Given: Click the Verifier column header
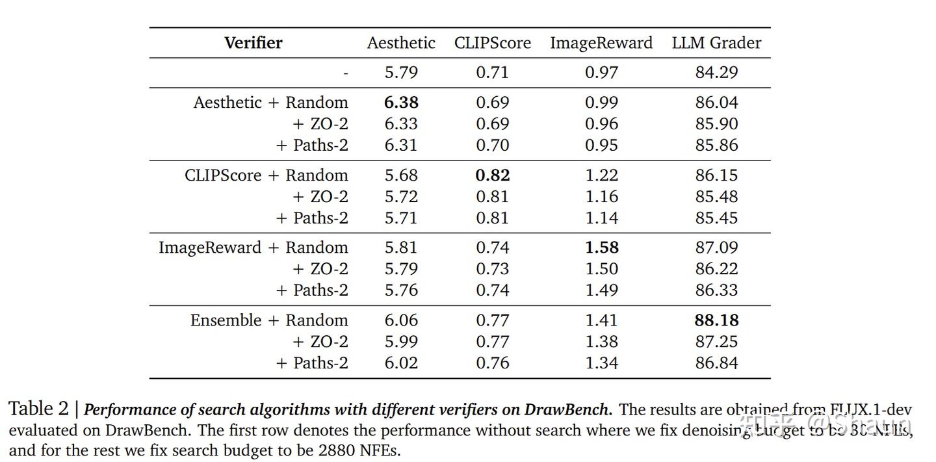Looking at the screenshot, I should click(253, 43).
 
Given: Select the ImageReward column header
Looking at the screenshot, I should click(601, 43).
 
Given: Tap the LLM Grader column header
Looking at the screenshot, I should click(716, 43).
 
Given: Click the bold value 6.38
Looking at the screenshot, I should click(401, 103).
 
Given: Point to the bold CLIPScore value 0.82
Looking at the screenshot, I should click(492, 175).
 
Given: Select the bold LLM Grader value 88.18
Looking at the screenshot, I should click(716, 320).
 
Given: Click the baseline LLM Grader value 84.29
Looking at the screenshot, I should click(716, 72).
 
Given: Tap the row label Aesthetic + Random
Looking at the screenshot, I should click(270, 103).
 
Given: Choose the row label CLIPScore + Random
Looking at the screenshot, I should click(266, 175).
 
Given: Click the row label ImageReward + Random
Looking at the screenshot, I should click(253, 248).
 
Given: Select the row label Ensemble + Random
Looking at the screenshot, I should click(268, 320).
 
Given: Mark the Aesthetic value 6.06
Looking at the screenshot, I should click(401, 320).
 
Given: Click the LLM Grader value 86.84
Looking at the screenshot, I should click(716, 363).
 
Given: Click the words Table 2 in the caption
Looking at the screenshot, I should click(38, 409).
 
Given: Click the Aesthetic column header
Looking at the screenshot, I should click(401, 43).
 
